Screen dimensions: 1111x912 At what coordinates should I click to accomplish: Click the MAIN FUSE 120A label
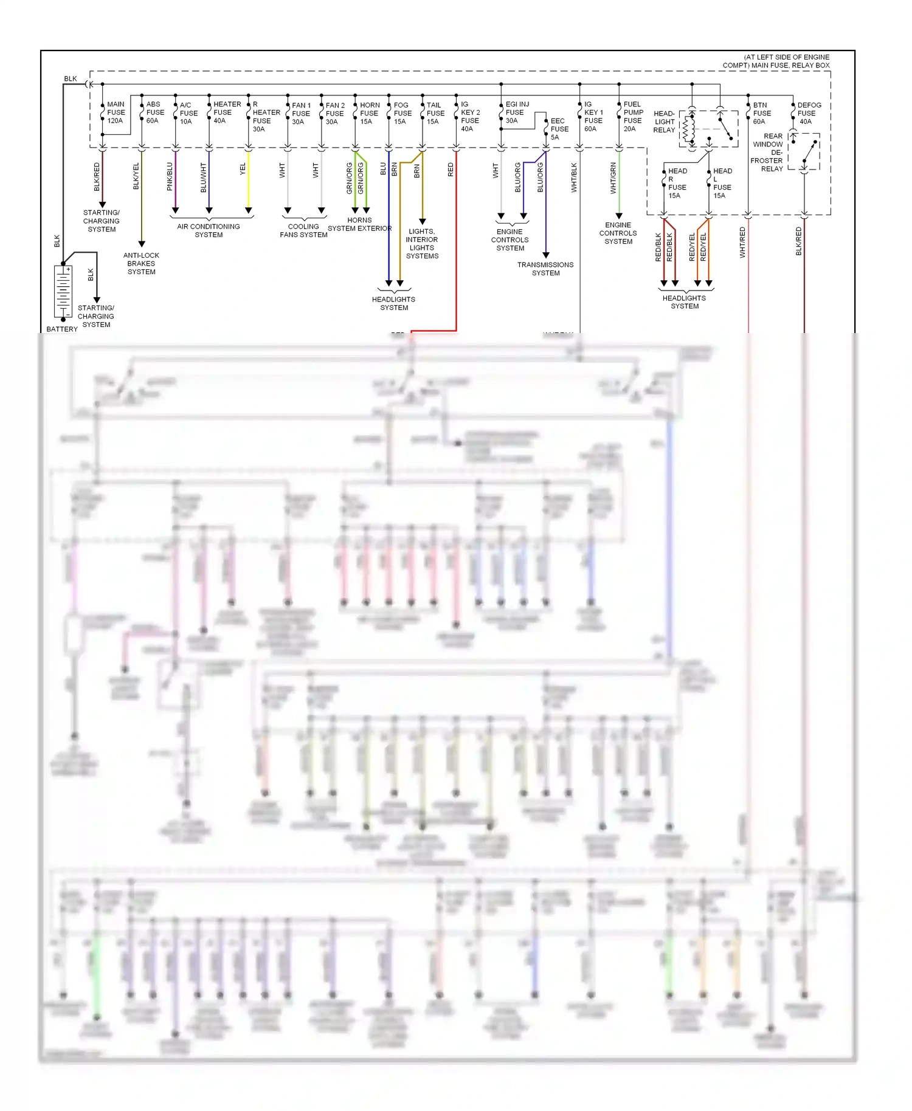pos(116,112)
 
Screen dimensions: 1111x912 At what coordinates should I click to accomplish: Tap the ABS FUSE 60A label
pos(154,112)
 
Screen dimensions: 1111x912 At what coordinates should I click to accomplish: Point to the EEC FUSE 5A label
pos(559,129)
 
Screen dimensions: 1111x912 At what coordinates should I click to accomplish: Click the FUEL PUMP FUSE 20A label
pos(632,116)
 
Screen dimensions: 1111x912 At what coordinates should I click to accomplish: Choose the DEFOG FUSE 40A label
pos(808,113)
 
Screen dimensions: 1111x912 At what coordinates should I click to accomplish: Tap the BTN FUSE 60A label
pos(761,113)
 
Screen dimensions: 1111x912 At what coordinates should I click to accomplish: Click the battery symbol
pos(63,291)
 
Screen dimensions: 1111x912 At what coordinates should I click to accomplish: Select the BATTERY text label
pos(62,329)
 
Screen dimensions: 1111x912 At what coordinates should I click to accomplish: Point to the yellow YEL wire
pos(248,182)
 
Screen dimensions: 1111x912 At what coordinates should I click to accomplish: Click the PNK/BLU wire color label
pos(170,176)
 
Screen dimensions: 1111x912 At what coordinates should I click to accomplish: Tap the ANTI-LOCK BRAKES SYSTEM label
pos(141,263)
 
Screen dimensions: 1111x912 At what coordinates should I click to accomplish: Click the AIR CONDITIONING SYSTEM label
pos(209,230)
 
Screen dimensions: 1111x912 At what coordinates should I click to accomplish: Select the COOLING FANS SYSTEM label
pos(303,230)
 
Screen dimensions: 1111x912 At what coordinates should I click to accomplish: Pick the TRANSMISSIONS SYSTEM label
pos(545,269)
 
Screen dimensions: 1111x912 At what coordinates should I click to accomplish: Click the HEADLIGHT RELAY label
pos(664,122)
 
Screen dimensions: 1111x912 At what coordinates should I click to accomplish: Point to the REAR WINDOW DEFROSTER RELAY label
pos(768,153)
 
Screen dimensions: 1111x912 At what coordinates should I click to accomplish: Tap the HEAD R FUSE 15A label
pos(677,183)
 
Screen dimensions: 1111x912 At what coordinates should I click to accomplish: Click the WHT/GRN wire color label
pos(613,178)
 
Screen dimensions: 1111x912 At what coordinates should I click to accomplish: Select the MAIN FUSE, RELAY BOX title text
pos(776,61)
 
